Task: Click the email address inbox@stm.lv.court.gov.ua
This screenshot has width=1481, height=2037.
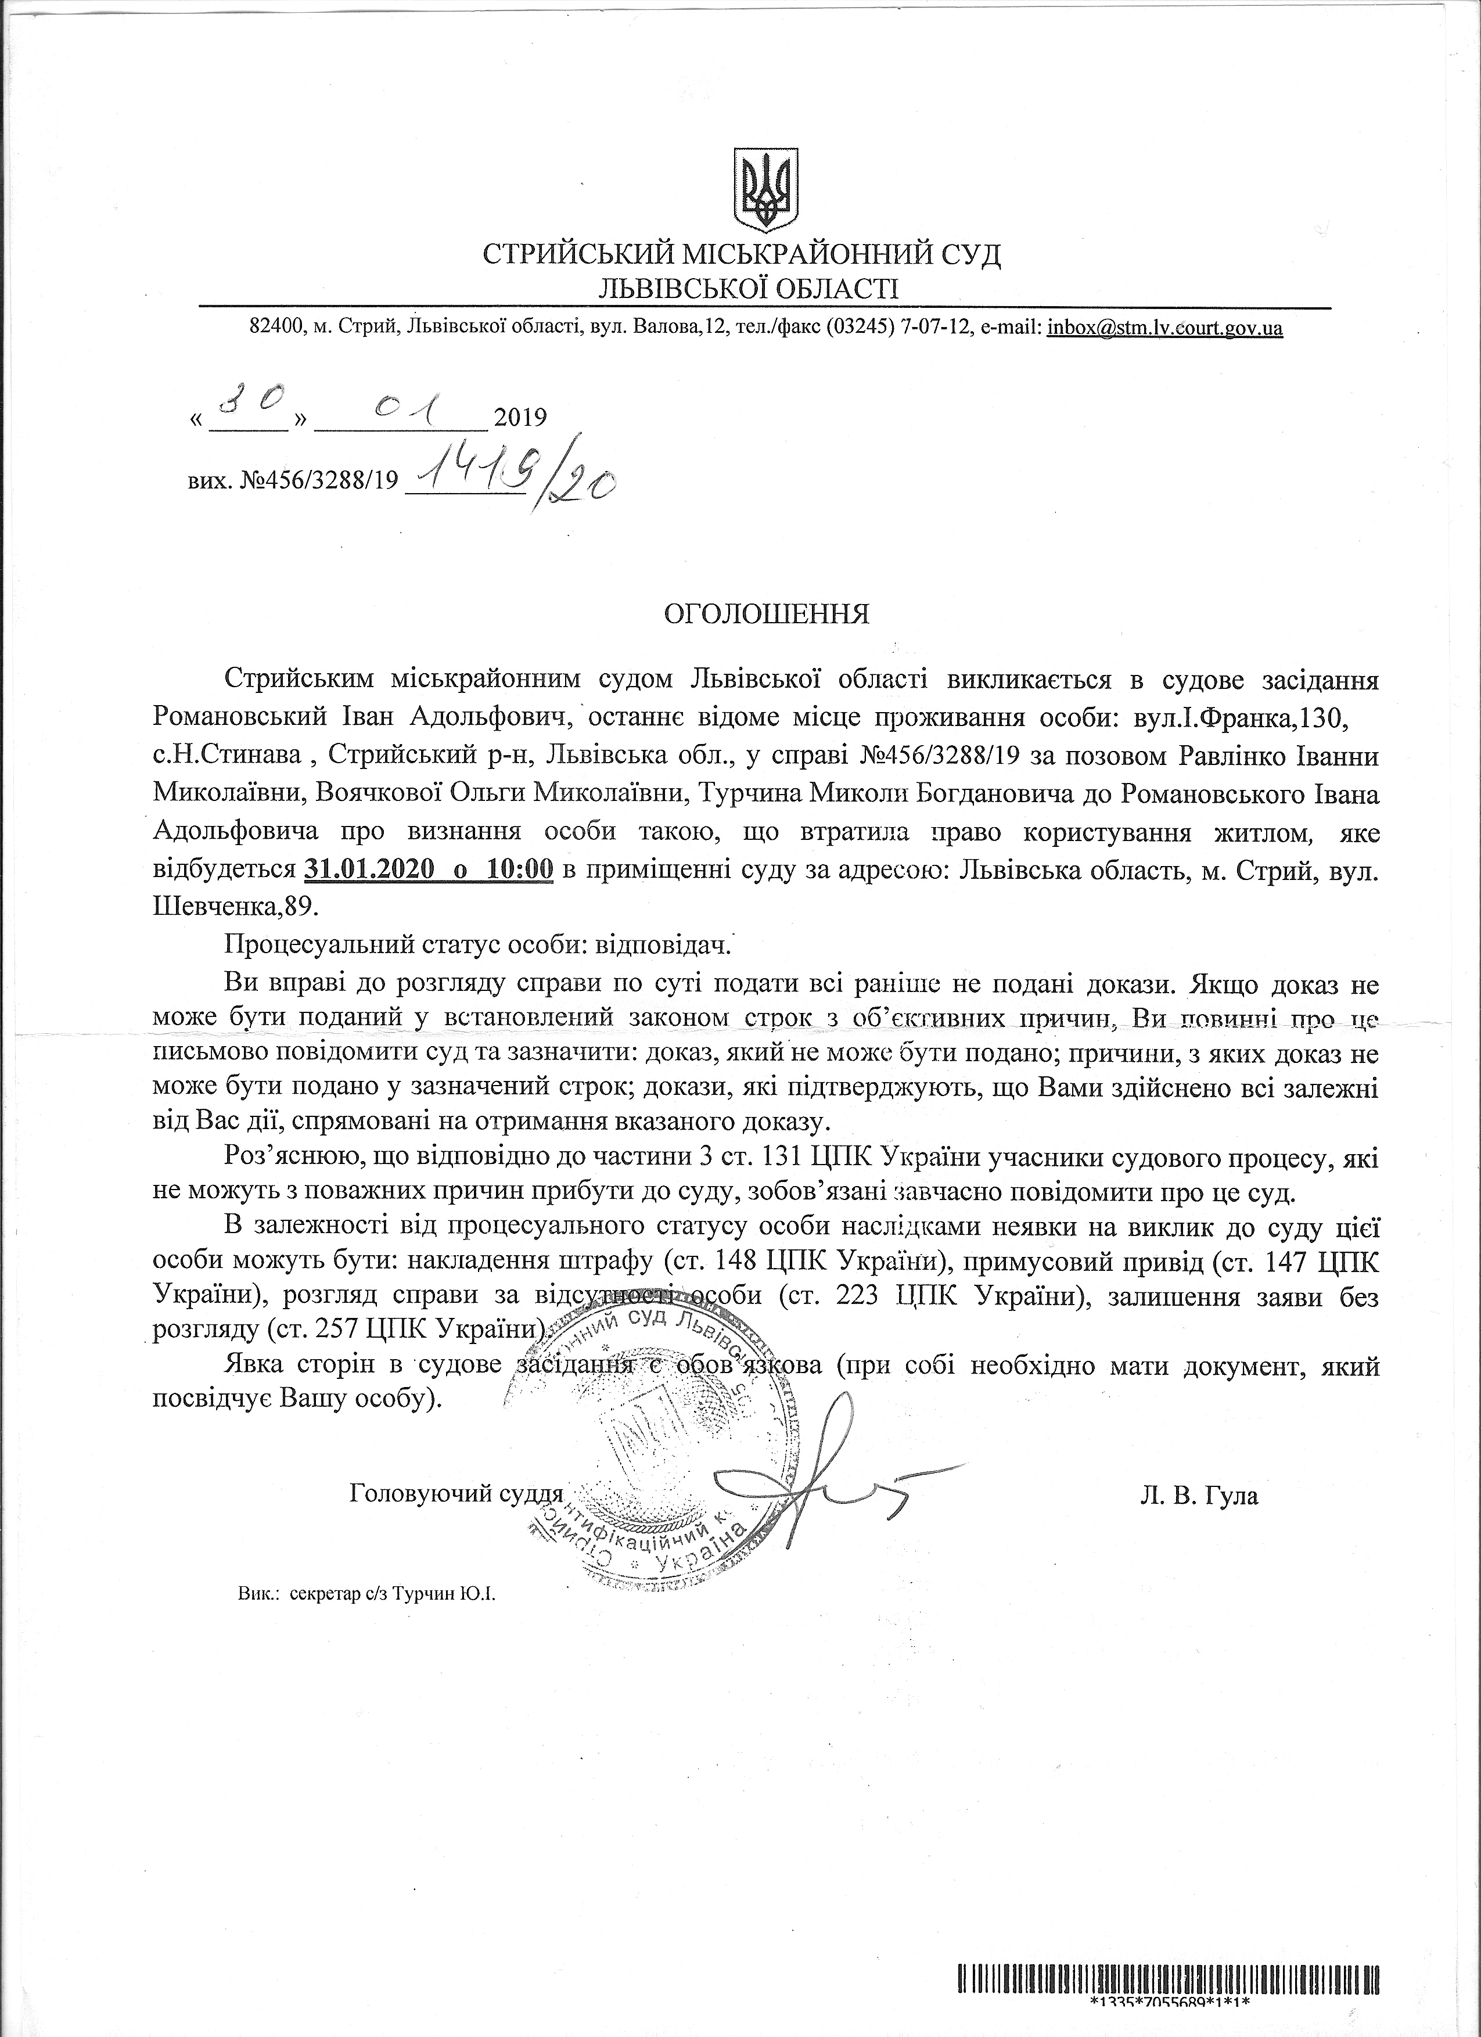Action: coord(1165,329)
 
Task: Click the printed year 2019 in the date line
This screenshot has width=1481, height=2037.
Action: coord(521,416)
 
